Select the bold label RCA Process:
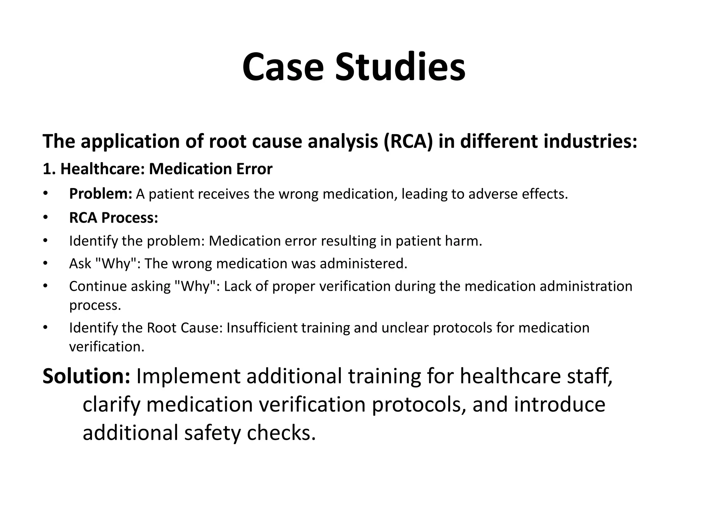(x=113, y=218)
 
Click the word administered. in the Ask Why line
(x=363, y=264)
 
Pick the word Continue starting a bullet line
(x=93, y=287)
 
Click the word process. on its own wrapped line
(x=95, y=305)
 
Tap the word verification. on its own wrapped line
(x=106, y=347)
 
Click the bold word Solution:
(x=86, y=376)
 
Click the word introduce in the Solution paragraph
(x=559, y=404)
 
